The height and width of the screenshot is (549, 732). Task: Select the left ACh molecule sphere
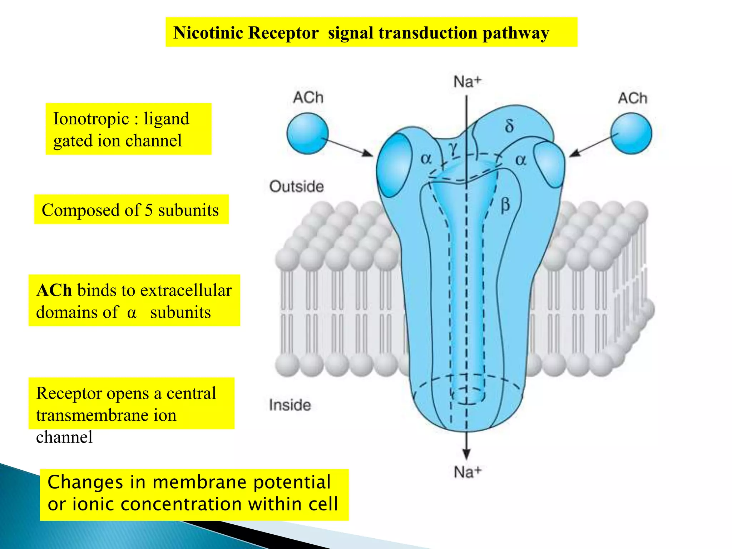point(307,133)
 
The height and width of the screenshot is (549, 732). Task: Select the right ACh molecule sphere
point(631,133)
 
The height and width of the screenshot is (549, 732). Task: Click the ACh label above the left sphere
point(308,97)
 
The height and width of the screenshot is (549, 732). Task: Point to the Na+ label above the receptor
point(467,81)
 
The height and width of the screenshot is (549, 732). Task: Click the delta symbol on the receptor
point(509,126)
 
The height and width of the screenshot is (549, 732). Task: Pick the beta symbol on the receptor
point(505,206)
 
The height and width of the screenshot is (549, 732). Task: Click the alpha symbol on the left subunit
point(426,159)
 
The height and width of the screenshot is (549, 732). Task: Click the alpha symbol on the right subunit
point(521,160)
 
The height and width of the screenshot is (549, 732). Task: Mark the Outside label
point(296,187)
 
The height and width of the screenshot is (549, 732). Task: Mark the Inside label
point(290,405)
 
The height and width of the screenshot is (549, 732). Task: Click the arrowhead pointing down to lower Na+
point(466,454)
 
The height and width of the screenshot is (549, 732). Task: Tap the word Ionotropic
point(91,119)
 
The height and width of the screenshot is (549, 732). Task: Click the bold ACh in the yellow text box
point(54,290)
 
